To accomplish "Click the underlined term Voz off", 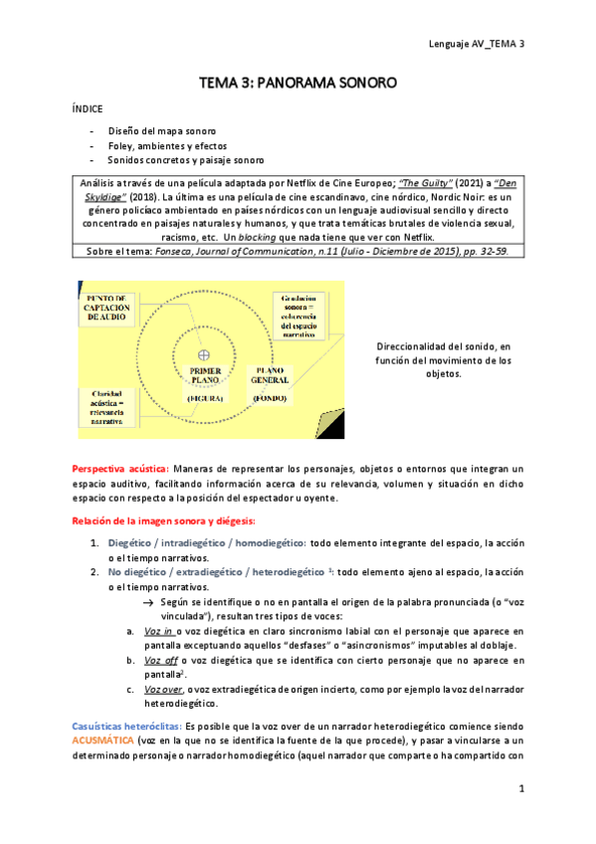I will point(158,660).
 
